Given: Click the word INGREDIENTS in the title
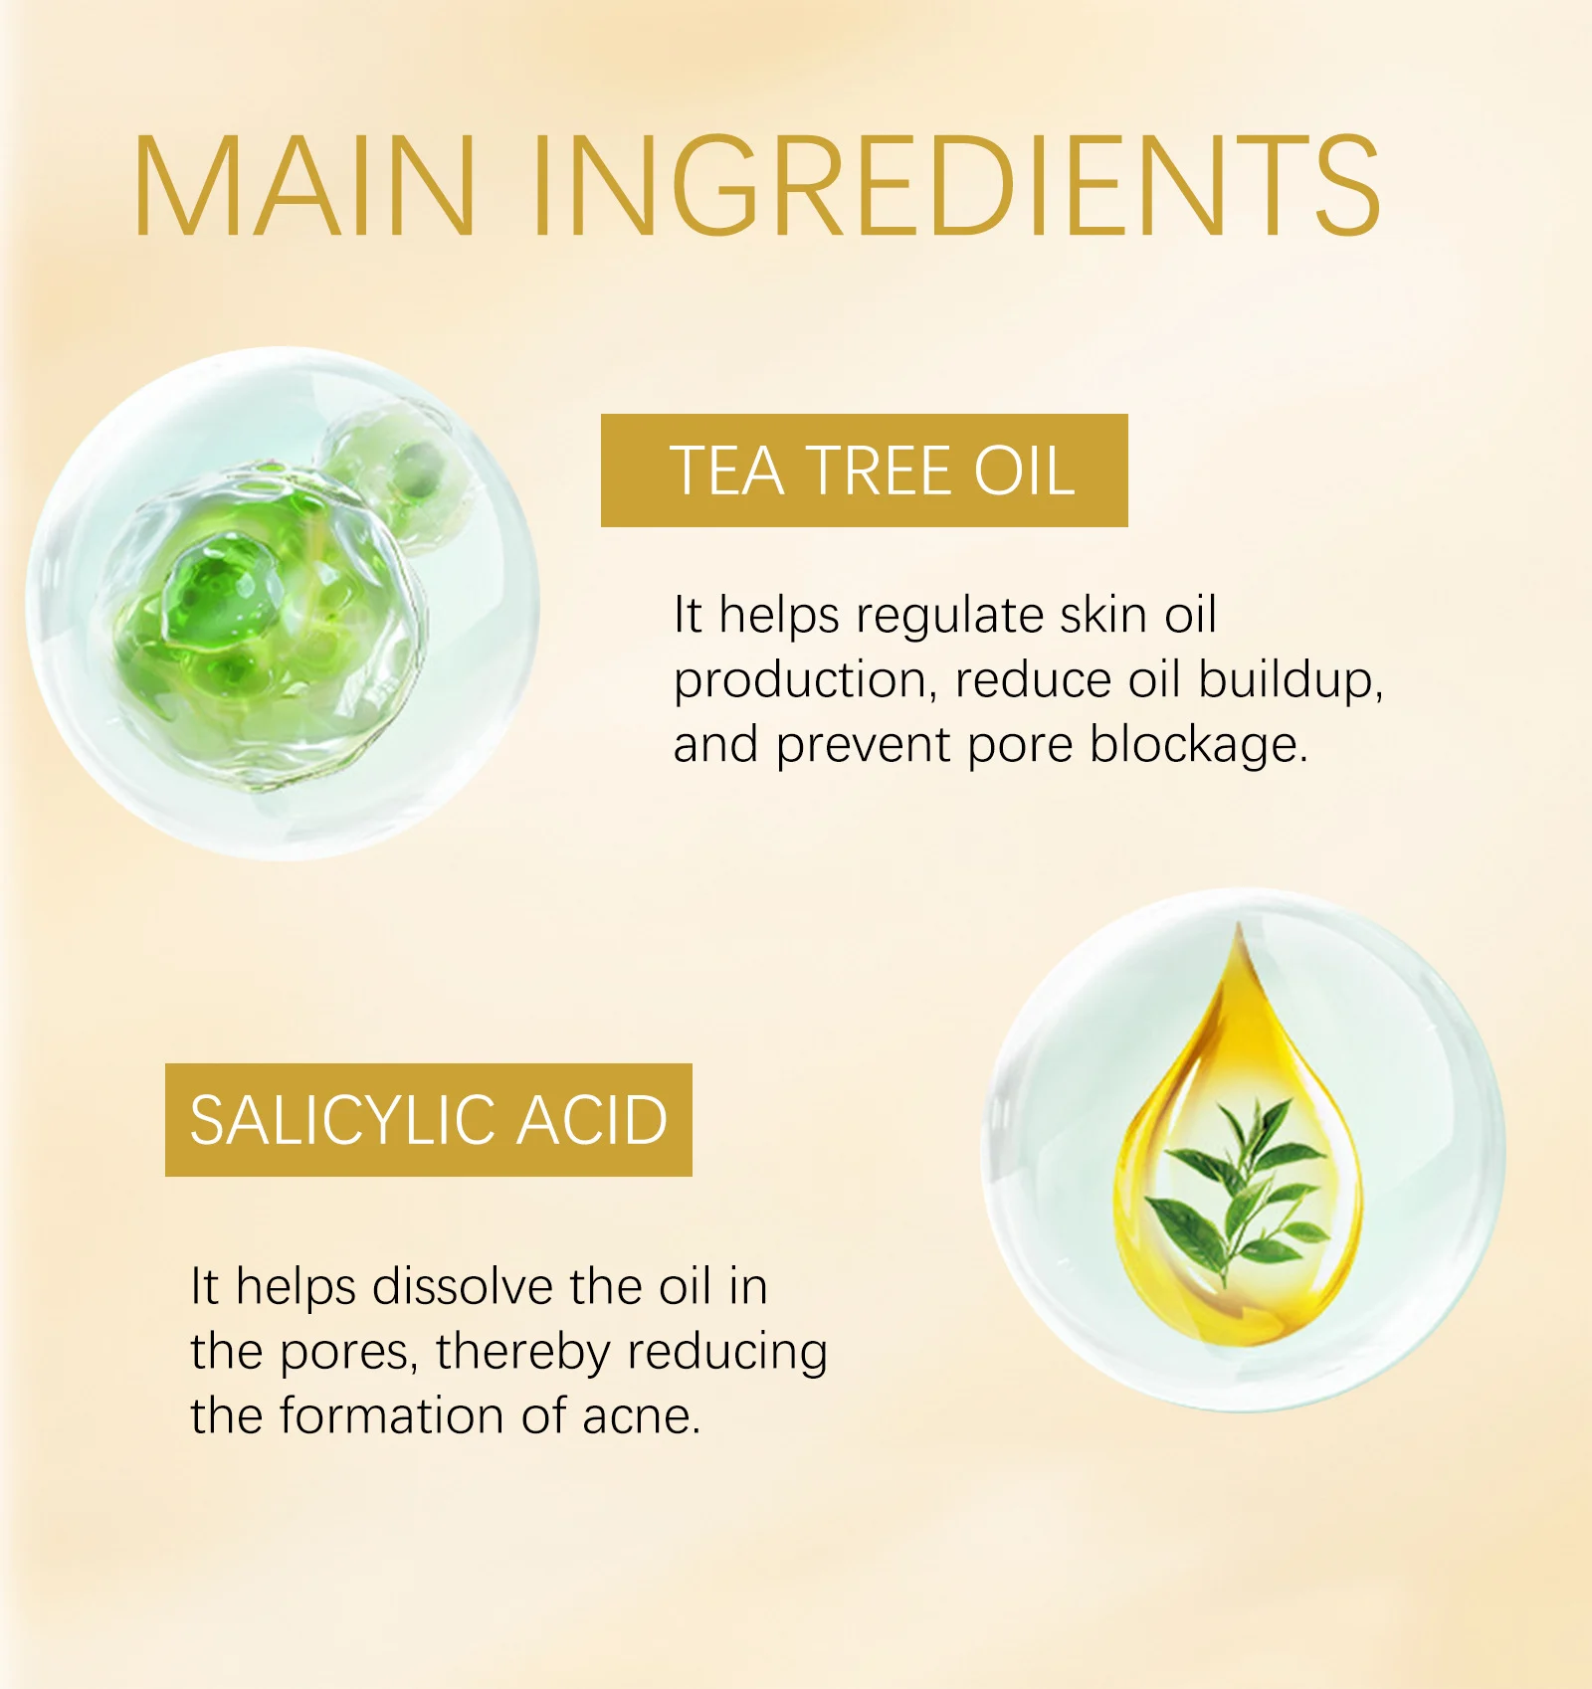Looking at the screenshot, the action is (957, 186).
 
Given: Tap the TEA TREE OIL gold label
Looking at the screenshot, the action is (864, 470).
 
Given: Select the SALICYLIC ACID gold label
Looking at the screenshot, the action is (429, 1120).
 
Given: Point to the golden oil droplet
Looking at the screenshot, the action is (1239, 1144).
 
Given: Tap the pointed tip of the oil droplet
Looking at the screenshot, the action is (1240, 924).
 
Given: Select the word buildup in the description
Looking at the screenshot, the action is (1290, 680).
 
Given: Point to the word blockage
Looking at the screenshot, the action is (1198, 746).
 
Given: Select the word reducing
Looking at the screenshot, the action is (728, 1353).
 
